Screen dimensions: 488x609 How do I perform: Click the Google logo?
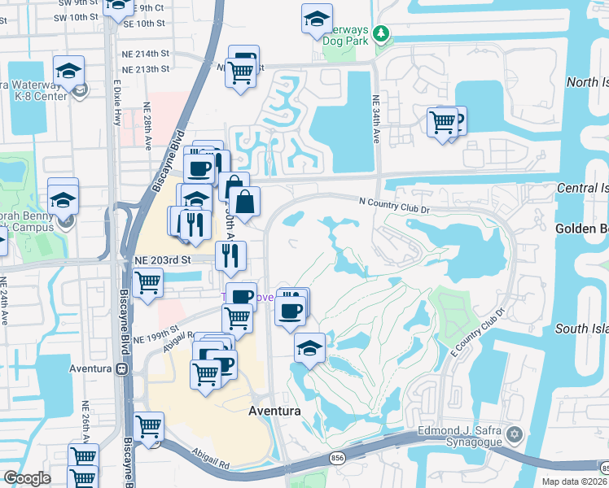[27, 478]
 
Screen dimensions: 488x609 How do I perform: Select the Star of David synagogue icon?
[513, 433]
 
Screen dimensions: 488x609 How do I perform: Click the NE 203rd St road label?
[162, 259]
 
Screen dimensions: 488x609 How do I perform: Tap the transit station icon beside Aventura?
[122, 368]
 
